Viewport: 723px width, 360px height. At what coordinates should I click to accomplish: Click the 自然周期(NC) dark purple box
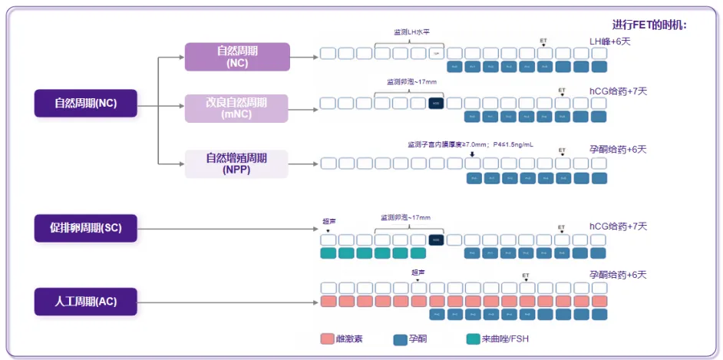85,104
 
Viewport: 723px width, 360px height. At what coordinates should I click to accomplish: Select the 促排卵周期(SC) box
85,227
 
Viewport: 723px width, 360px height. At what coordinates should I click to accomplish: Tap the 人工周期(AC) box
85,302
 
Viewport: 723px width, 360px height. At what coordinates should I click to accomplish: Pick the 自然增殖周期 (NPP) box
236,164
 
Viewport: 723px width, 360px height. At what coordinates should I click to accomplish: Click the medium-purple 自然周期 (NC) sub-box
236,57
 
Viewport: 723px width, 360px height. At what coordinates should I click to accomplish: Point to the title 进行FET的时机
649,25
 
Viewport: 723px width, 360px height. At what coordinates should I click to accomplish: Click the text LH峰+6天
609,41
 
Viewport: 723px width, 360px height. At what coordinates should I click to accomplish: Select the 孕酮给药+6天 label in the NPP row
618,149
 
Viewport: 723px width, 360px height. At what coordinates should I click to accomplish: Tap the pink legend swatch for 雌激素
327,339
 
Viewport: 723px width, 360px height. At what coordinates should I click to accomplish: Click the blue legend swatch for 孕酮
400,339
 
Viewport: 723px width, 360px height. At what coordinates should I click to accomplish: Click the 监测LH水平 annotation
411,32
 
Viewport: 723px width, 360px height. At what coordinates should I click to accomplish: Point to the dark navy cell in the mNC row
437,103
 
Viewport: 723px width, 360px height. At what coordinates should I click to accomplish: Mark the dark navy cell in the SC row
437,240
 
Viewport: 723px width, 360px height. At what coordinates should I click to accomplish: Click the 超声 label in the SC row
329,221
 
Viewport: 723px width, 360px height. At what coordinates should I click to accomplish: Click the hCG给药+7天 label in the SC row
618,226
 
